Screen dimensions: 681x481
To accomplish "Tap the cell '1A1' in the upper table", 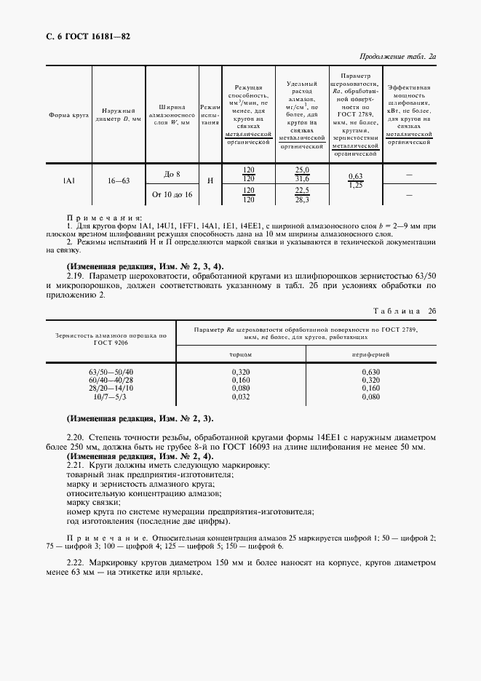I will click(69, 180).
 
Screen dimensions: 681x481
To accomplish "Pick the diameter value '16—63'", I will click(119, 180).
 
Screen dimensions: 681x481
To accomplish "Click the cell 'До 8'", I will click(172, 173).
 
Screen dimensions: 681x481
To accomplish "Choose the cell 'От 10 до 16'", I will click(172, 195).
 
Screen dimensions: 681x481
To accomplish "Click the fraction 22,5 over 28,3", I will click(301, 194).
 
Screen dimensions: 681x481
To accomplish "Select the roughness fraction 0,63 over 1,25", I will click(355, 180).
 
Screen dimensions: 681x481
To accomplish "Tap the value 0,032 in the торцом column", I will click(241, 397).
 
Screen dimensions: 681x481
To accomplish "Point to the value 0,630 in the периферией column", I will click(371, 372).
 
